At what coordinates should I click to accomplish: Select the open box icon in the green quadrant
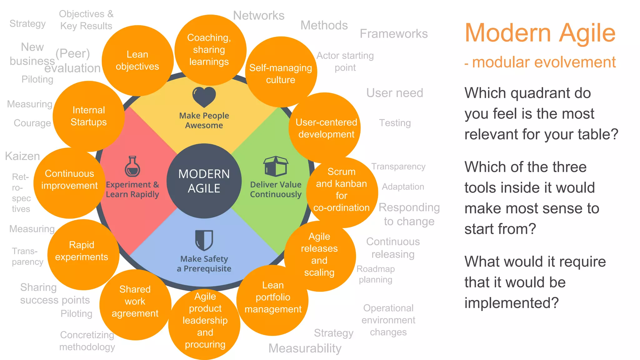point(275,166)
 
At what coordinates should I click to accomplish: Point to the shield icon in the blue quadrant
point(204,240)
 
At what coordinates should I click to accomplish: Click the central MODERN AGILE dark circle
point(204,181)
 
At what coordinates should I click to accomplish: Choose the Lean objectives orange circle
point(137,60)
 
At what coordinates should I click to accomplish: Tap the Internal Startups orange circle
point(89,116)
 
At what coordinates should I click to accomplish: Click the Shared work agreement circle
point(135,302)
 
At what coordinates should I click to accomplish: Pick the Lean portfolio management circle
point(273,297)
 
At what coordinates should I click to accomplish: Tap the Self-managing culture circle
point(281,74)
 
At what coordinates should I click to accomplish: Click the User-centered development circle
point(326,128)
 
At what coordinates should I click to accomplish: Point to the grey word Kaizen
point(22,156)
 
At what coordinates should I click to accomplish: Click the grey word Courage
point(32,123)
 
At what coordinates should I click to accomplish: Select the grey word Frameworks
point(393,34)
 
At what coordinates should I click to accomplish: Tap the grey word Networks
point(259,16)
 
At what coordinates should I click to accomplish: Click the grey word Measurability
point(305,348)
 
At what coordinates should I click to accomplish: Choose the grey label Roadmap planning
point(376,274)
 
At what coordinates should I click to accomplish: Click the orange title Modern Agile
point(540,33)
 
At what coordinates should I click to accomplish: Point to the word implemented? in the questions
point(511,303)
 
